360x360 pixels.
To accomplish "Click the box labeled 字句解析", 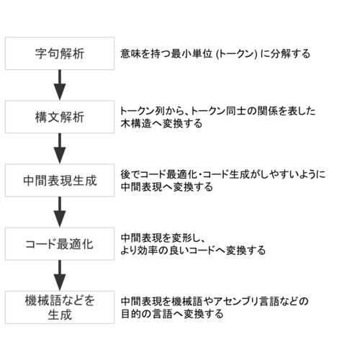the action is [x=60, y=53].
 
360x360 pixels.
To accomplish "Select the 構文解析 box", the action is [x=60, y=117].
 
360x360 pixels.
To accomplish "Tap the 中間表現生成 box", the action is [x=60, y=181].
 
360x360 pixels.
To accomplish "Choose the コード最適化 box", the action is [x=60, y=244].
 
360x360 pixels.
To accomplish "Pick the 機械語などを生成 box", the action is [x=60, y=307].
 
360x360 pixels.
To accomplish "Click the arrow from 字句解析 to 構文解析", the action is [x=60, y=85].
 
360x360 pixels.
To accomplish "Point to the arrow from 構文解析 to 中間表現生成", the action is [x=60, y=148].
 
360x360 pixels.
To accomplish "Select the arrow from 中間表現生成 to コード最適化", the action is [x=60, y=212].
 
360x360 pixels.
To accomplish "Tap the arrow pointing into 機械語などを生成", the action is [x=60, y=276].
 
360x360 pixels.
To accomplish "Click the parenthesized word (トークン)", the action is [x=237, y=54].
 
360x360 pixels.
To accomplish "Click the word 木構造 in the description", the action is [x=136, y=124].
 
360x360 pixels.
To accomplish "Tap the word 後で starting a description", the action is [x=130, y=174].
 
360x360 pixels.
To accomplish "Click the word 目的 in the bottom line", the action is [x=131, y=314].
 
